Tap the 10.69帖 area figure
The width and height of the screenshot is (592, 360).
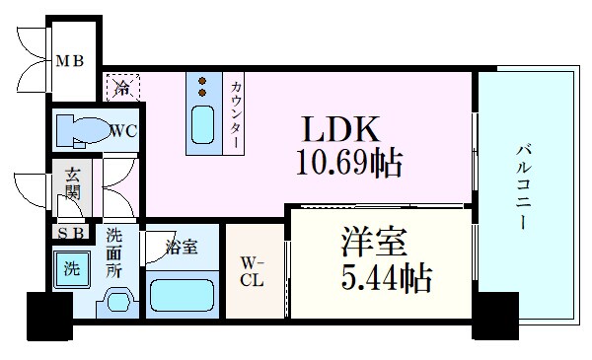point(348,162)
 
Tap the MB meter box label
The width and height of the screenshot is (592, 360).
point(68,61)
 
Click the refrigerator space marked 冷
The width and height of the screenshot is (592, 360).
point(122,86)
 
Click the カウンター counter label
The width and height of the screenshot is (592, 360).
point(237,112)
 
